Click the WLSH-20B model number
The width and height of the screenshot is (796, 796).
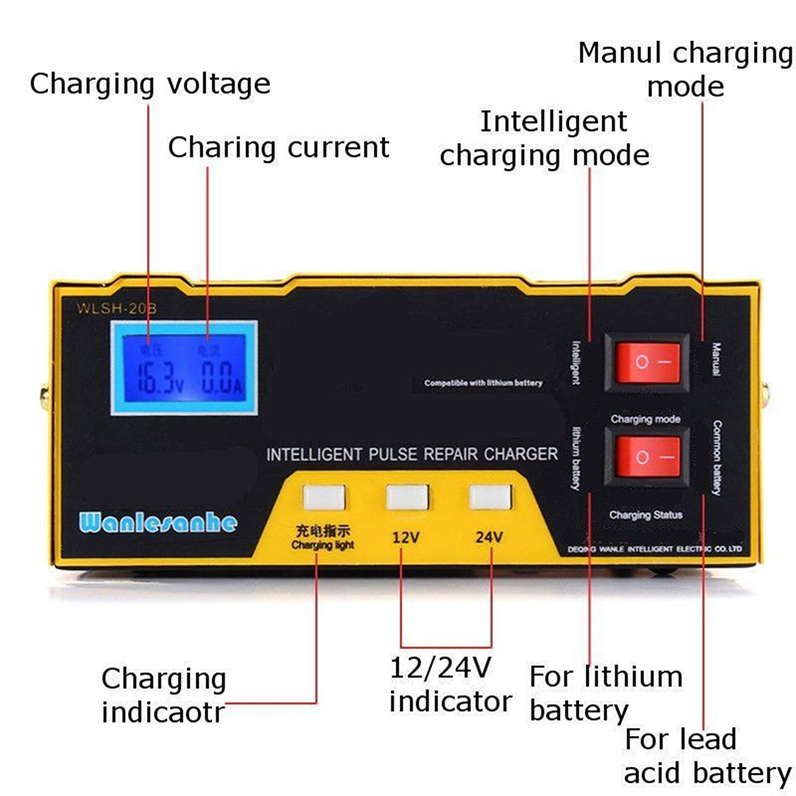tap(116, 307)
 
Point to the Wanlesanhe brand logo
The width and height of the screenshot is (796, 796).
tap(157, 522)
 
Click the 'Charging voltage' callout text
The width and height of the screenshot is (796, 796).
tap(150, 83)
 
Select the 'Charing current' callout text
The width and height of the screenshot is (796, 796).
tap(279, 147)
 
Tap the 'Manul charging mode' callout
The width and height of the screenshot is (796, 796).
tap(686, 69)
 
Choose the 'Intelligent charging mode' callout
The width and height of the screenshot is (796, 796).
tap(546, 138)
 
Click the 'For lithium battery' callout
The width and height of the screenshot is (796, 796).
tap(605, 694)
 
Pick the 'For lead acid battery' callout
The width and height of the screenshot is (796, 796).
tap(707, 756)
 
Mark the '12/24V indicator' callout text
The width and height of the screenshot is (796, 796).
tap(450, 684)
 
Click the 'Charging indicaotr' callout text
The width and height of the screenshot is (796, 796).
tap(164, 696)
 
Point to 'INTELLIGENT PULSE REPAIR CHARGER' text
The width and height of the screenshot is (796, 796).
tap(412, 455)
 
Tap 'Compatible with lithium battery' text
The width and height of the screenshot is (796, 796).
tap(484, 383)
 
